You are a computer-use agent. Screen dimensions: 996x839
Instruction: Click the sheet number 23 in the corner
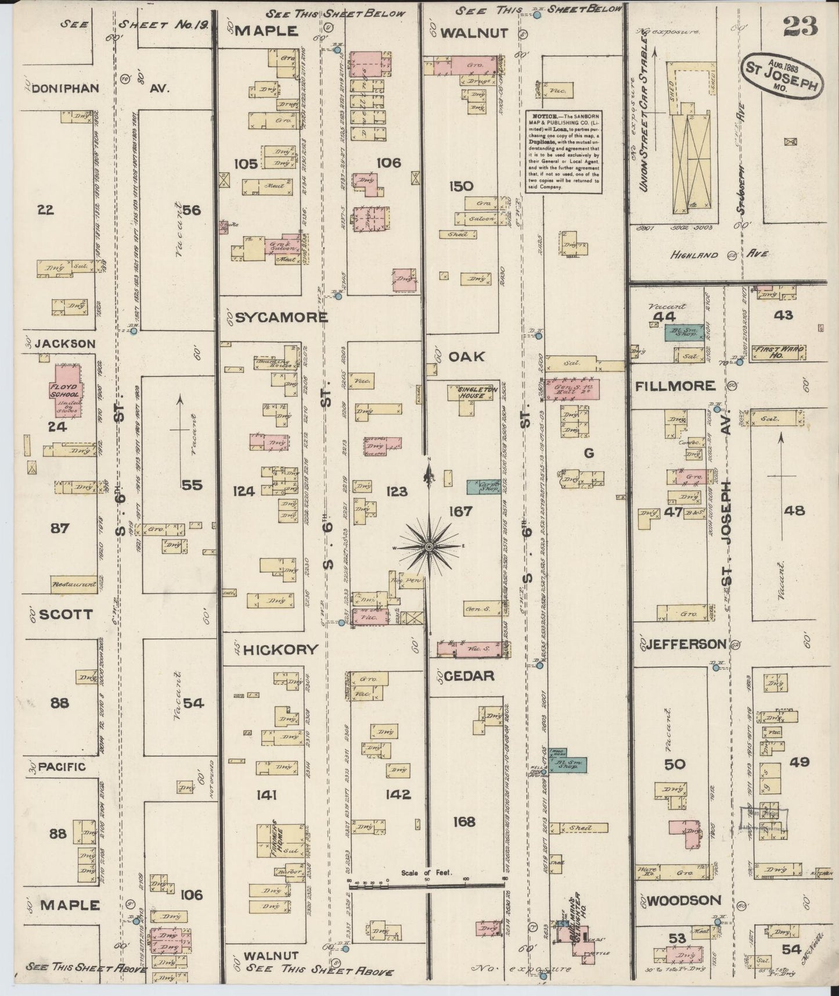click(x=800, y=26)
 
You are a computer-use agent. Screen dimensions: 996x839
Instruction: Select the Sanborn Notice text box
click(x=563, y=151)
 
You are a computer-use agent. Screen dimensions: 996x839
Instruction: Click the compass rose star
click(x=428, y=547)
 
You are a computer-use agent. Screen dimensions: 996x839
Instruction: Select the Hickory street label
click(x=281, y=649)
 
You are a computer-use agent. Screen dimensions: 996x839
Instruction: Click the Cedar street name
click(x=470, y=676)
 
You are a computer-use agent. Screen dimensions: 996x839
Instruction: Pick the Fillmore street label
click(x=675, y=385)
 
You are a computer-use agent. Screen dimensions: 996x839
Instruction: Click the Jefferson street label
click(x=686, y=644)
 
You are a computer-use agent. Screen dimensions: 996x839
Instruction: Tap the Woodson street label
click(x=683, y=900)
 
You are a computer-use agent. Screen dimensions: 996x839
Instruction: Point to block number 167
click(x=460, y=511)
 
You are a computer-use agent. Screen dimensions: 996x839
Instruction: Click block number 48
click(x=794, y=510)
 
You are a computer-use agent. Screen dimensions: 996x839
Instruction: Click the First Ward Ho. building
click(x=779, y=352)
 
